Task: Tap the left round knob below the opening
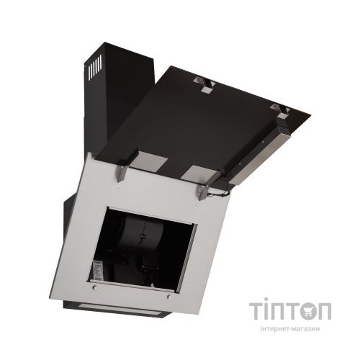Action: click(x=96, y=287)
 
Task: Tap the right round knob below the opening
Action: click(x=170, y=297)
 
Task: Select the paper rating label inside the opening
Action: click(x=97, y=269)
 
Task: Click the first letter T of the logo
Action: click(x=257, y=311)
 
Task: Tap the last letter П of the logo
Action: click(x=324, y=311)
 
